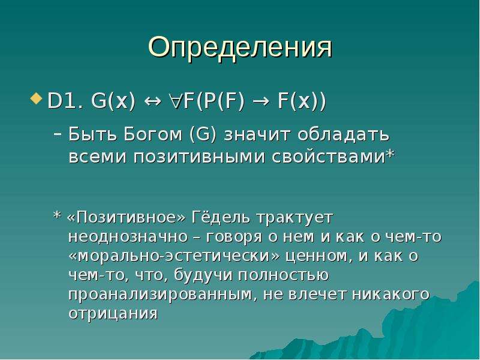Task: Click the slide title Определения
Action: click(240, 48)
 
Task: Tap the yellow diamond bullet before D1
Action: click(37, 98)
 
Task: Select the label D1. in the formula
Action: click(66, 100)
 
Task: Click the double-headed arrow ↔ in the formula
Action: click(152, 101)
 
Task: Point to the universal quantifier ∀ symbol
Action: click(176, 101)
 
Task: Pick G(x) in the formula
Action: click(113, 101)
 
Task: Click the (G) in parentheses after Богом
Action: click(203, 134)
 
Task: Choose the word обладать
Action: click(343, 134)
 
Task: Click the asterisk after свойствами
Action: click(389, 153)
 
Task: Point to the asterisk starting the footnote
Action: click(57, 215)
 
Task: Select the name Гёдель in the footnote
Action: click(221, 218)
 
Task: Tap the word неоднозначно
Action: click(128, 237)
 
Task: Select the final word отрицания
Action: click(113, 313)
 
